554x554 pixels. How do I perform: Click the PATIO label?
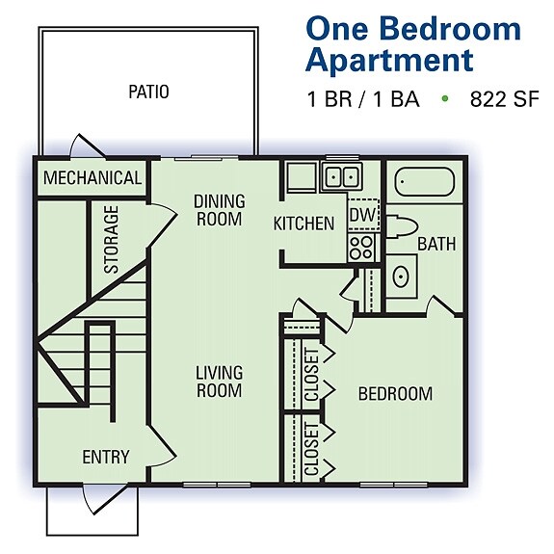[x=148, y=92]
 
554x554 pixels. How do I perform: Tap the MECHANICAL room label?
[x=92, y=178]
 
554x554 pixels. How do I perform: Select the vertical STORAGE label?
[x=112, y=239]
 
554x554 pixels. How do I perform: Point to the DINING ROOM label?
[x=220, y=209]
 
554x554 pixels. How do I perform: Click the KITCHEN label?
[x=303, y=224]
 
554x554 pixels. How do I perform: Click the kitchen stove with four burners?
[x=361, y=245]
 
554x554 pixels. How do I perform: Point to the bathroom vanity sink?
[x=400, y=278]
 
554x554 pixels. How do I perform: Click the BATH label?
[x=436, y=245]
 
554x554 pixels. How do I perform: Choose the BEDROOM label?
[x=395, y=393]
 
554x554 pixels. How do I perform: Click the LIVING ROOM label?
[x=220, y=381]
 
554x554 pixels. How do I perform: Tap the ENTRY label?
[x=106, y=457]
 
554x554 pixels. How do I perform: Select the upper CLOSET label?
[x=311, y=374]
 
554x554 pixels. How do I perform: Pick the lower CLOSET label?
[x=311, y=449]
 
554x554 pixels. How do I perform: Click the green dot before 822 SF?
[x=445, y=98]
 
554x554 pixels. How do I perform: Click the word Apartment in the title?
[x=389, y=60]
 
